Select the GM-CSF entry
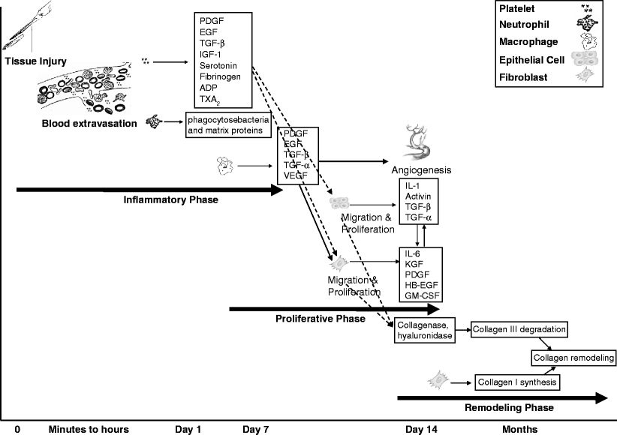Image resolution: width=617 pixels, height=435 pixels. coord(422,296)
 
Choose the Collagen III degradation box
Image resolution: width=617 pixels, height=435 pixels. coord(518,329)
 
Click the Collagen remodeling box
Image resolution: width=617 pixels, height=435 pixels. coord(570,358)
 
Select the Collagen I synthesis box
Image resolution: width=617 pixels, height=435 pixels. coord(518,382)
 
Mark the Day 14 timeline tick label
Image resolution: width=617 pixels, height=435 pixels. coord(420,429)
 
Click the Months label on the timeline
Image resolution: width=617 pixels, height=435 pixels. coord(520,429)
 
